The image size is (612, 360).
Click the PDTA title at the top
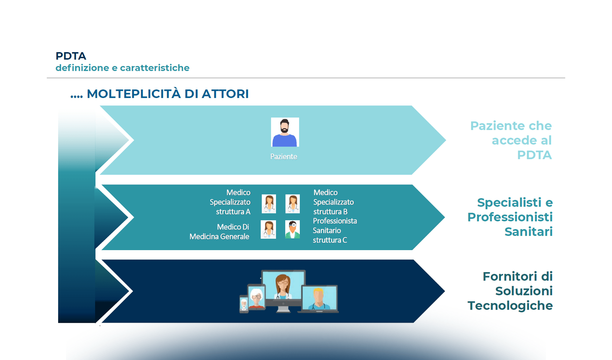71,56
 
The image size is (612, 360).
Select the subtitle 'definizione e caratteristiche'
122,68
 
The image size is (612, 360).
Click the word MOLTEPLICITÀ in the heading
134,94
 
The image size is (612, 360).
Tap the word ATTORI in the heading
225,94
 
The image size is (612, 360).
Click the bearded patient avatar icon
285,132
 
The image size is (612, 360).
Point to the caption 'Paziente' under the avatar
283,157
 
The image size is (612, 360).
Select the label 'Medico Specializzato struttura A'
230,202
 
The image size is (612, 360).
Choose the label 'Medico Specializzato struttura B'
333,202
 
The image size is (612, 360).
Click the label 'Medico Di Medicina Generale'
220,232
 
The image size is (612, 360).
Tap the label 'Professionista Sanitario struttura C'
334,230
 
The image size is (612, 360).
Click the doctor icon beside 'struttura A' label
269,204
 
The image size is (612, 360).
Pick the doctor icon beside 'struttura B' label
292,204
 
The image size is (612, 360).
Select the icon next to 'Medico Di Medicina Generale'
268,229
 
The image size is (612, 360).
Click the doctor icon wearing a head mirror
292,229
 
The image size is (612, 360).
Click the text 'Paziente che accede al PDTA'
511,140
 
